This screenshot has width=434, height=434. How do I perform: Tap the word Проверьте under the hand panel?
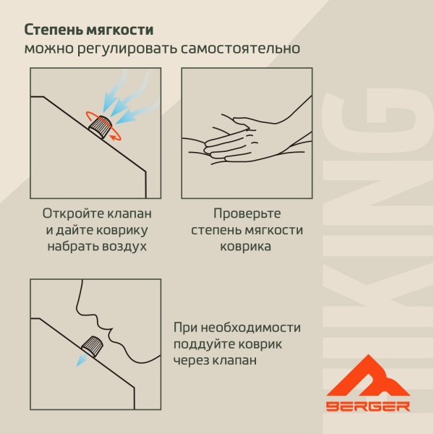tap(247, 214)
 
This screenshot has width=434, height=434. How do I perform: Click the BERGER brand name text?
tap(367, 406)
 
